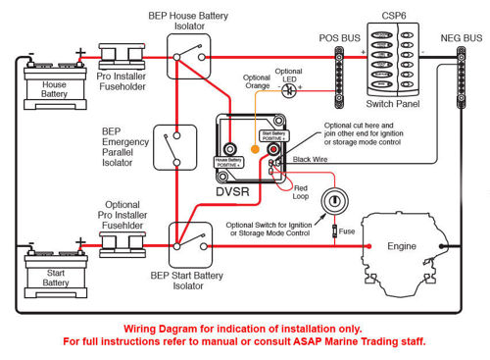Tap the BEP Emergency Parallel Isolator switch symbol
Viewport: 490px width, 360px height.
point(176,150)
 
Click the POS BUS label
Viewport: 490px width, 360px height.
point(338,37)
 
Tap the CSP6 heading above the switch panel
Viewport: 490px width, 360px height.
point(392,16)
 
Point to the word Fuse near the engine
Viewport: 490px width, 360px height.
point(349,231)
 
